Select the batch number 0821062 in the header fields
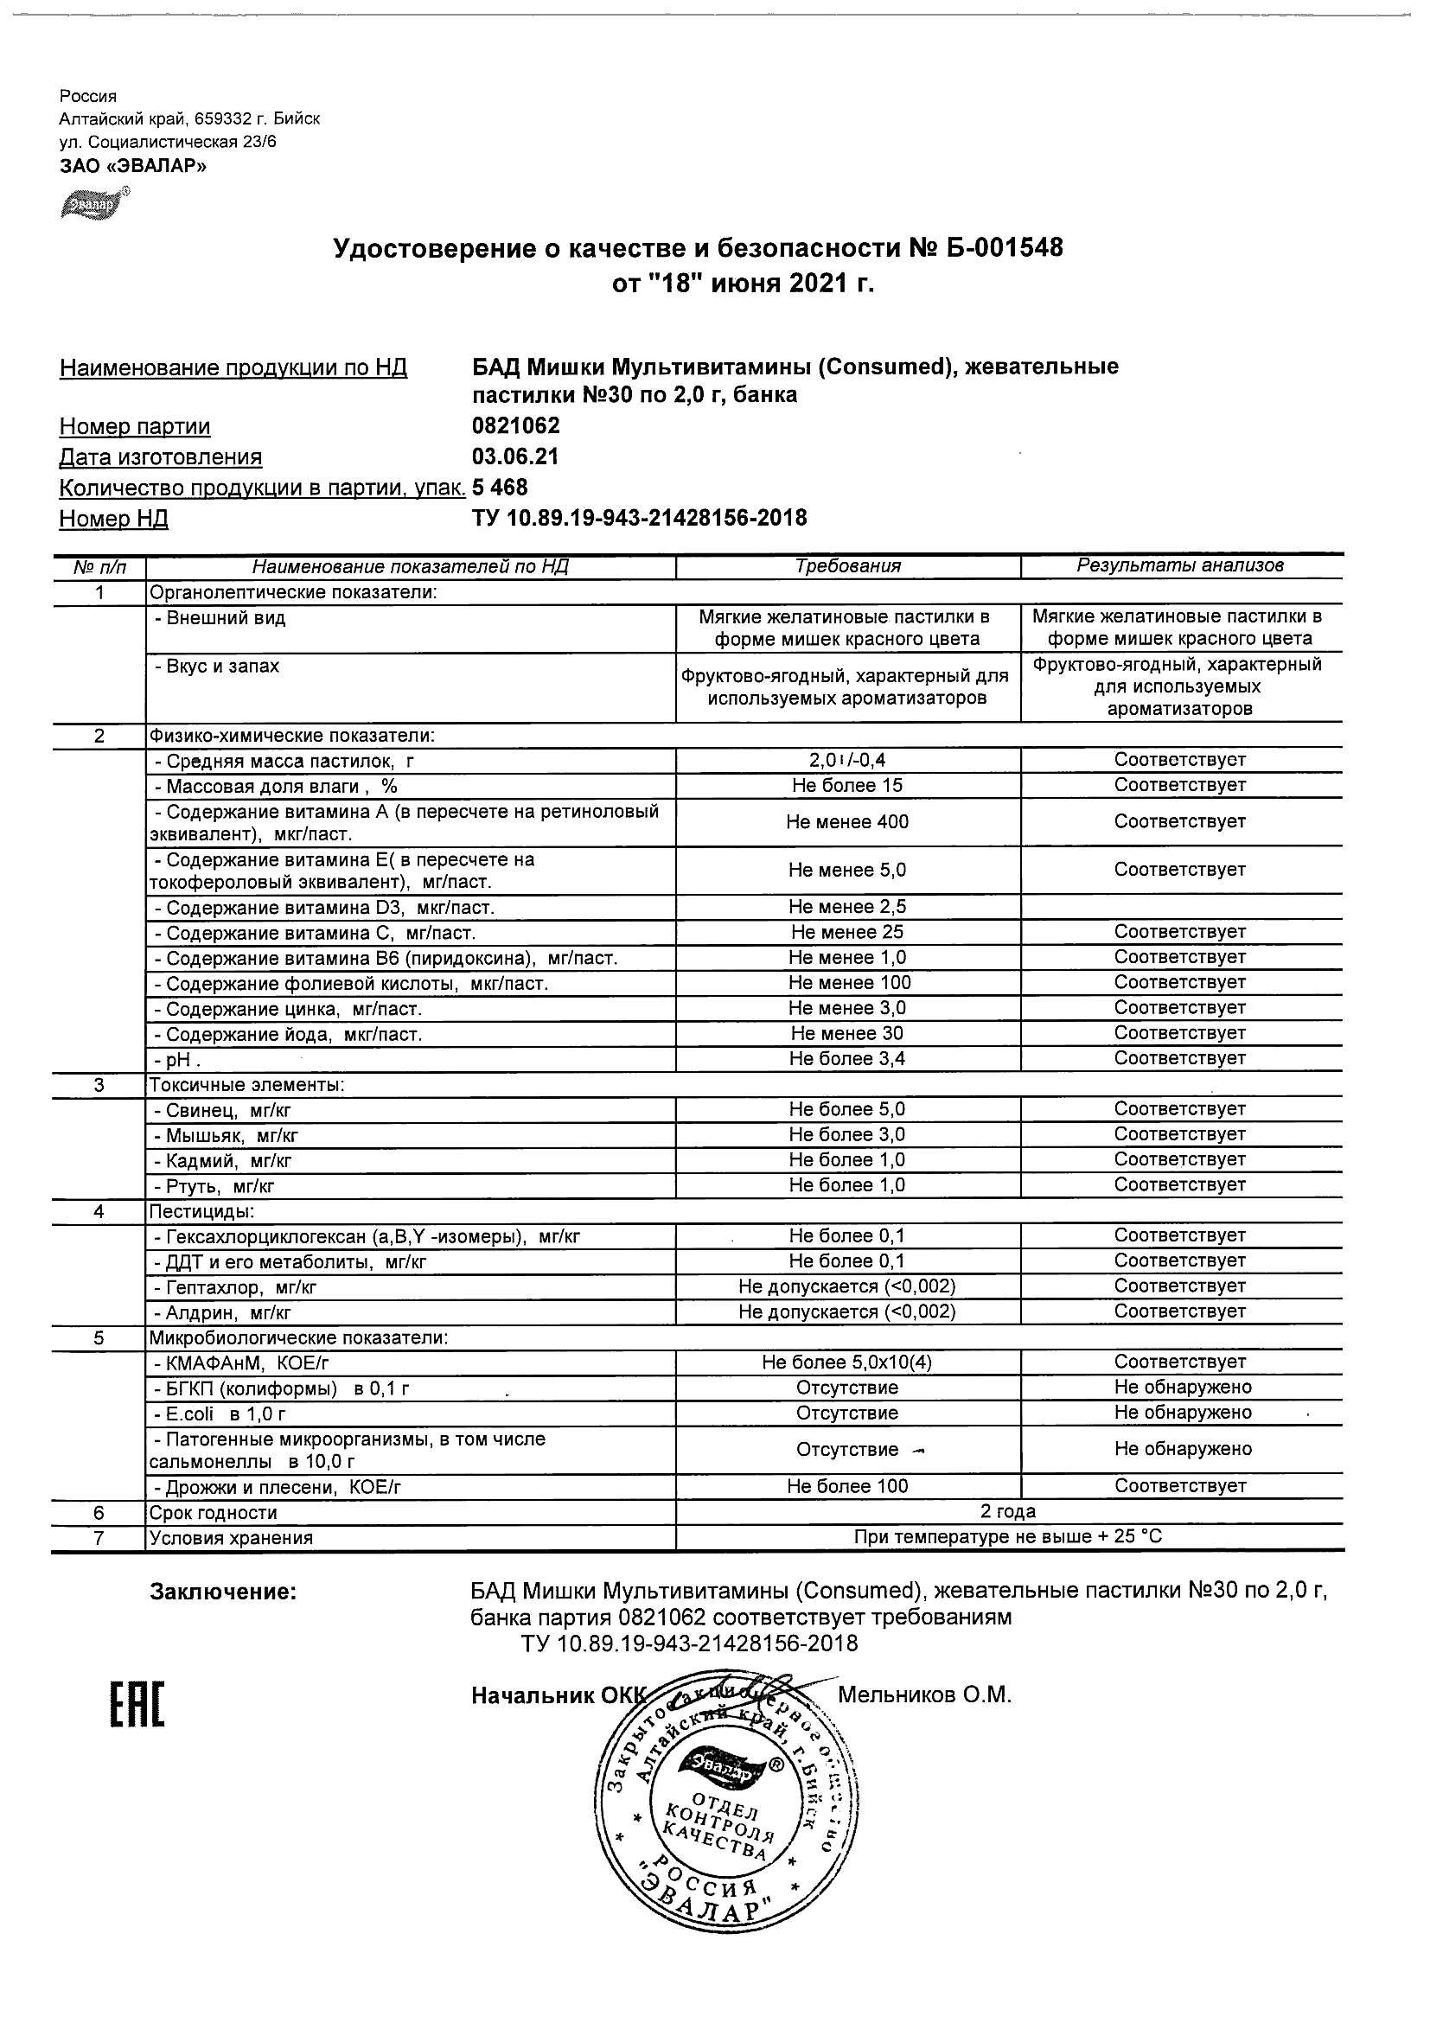(515, 426)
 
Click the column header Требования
(847, 566)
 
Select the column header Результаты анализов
(1180, 565)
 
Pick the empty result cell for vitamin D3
(1180, 907)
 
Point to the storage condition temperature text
(1008, 1537)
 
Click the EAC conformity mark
(137, 1704)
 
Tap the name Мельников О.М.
(924, 1694)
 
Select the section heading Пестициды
(201, 1211)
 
